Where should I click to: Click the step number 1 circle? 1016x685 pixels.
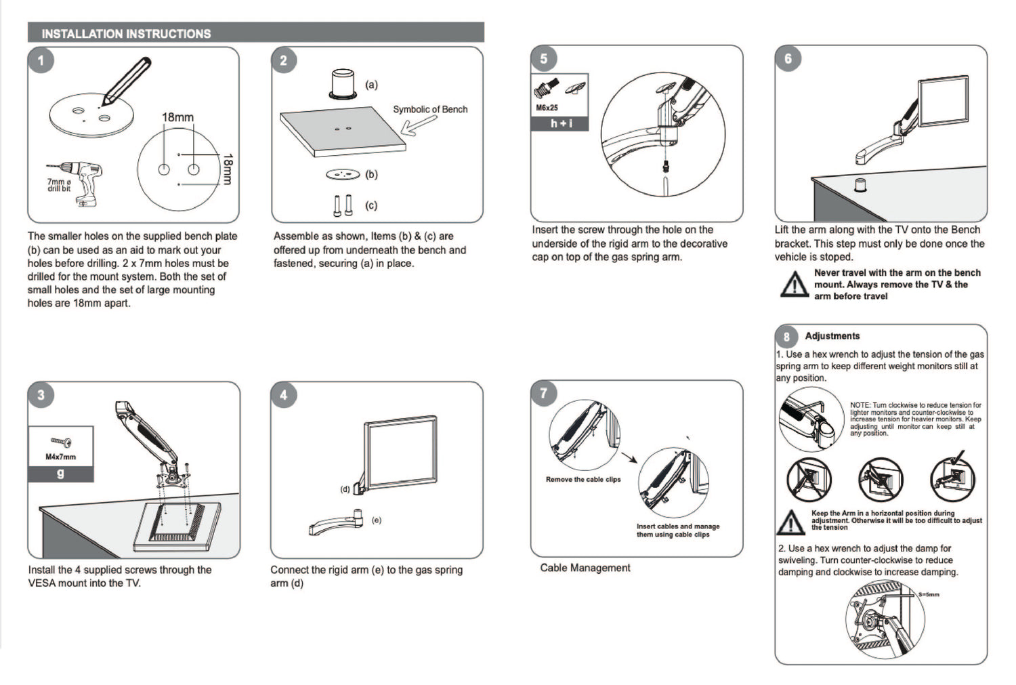coord(41,61)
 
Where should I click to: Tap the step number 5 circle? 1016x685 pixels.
coord(544,59)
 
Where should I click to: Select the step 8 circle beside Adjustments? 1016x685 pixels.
coord(786,337)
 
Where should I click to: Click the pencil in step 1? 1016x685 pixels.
coord(126,82)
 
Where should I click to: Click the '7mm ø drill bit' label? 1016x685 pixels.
coord(59,185)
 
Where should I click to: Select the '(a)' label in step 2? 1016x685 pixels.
coord(371,85)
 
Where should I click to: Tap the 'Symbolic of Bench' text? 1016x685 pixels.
coord(430,109)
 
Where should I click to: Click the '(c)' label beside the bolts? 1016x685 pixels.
coord(371,205)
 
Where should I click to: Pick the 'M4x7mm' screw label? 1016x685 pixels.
coord(60,457)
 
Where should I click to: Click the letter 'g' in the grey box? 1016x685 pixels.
coord(60,473)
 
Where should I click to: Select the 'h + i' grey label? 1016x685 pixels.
coord(561,123)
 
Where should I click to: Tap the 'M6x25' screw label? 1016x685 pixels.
coord(547,108)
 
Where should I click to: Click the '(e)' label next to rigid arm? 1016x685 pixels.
coord(377,520)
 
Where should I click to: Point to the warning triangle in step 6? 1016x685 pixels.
coord(793,284)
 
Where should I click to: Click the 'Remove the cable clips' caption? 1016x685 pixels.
coord(583,480)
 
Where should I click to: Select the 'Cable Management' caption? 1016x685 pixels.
coord(585,568)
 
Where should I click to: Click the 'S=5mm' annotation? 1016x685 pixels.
coord(929,595)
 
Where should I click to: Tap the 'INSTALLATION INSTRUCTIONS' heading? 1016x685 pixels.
coord(127,33)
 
